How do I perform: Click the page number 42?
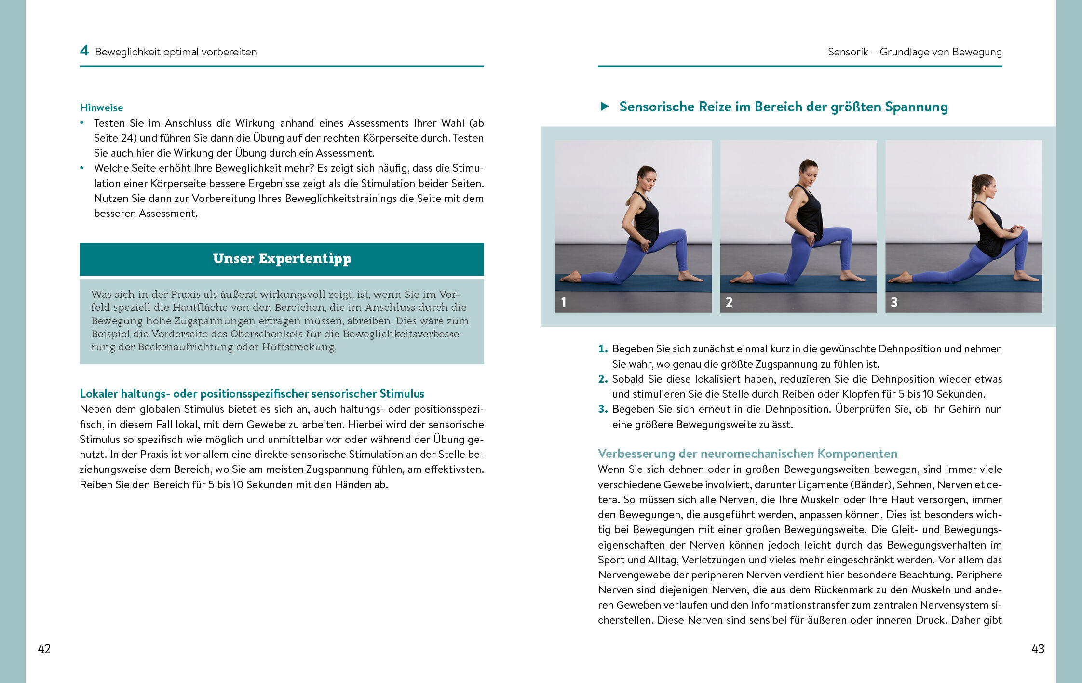point(44,649)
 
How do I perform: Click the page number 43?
point(1038,649)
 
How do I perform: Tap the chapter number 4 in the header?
point(84,51)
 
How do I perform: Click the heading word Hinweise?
point(101,107)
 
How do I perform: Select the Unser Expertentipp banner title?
point(282,259)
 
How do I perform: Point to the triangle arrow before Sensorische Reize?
point(605,107)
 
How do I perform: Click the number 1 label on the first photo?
point(564,302)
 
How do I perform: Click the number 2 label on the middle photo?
point(729,302)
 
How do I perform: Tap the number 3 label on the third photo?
point(894,302)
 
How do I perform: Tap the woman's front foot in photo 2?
point(852,277)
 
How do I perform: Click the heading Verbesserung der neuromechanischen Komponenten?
point(747,454)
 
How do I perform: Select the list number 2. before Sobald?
point(603,379)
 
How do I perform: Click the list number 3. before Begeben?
point(603,409)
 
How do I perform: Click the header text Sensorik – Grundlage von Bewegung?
point(915,52)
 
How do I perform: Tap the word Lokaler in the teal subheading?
point(99,394)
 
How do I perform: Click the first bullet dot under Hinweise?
point(82,123)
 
